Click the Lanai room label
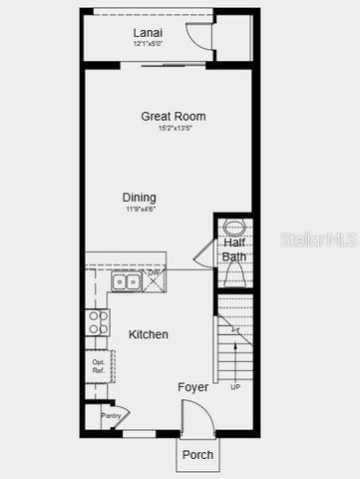coord(149,32)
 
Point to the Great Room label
coord(173,117)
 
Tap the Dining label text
coord(140,198)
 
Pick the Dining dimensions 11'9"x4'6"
coord(140,210)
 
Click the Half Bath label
coord(234,249)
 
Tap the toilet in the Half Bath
coord(235,272)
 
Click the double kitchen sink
coord(127,282)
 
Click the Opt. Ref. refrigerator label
coord(99,366)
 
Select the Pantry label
coord(110,415)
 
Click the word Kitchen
coord(149,334)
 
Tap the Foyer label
coord(192,386)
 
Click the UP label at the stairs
coord(235,387)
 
